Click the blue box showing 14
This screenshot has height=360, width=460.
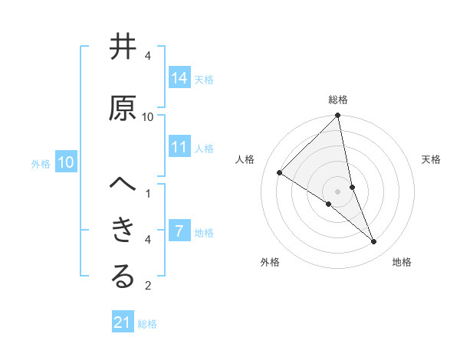click(x=179, y=78)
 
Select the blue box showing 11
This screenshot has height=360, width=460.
click(x=179, y=147)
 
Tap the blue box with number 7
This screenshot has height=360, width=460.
click(x=179, y=231)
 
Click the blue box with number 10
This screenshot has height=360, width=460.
click(x=66, y=162)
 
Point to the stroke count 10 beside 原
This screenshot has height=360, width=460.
click(x=148, y=116)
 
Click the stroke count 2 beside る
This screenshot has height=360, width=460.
click(x=148, y=286)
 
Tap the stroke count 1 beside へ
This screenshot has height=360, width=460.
click(x=148, y=193)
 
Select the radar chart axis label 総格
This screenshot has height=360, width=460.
click(x=338, y=100)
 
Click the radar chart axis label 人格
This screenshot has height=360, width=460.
click(x=245, y=159)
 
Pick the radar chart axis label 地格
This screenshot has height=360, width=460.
click(x=402, y=262)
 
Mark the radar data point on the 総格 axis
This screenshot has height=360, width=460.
click(x=338, y=116)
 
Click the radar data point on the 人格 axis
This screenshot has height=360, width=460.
click(x=280, y=172)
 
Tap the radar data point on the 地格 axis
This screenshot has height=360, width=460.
click(x=374, y=241)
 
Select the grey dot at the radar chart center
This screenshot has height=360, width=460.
click(x=338, y=191)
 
